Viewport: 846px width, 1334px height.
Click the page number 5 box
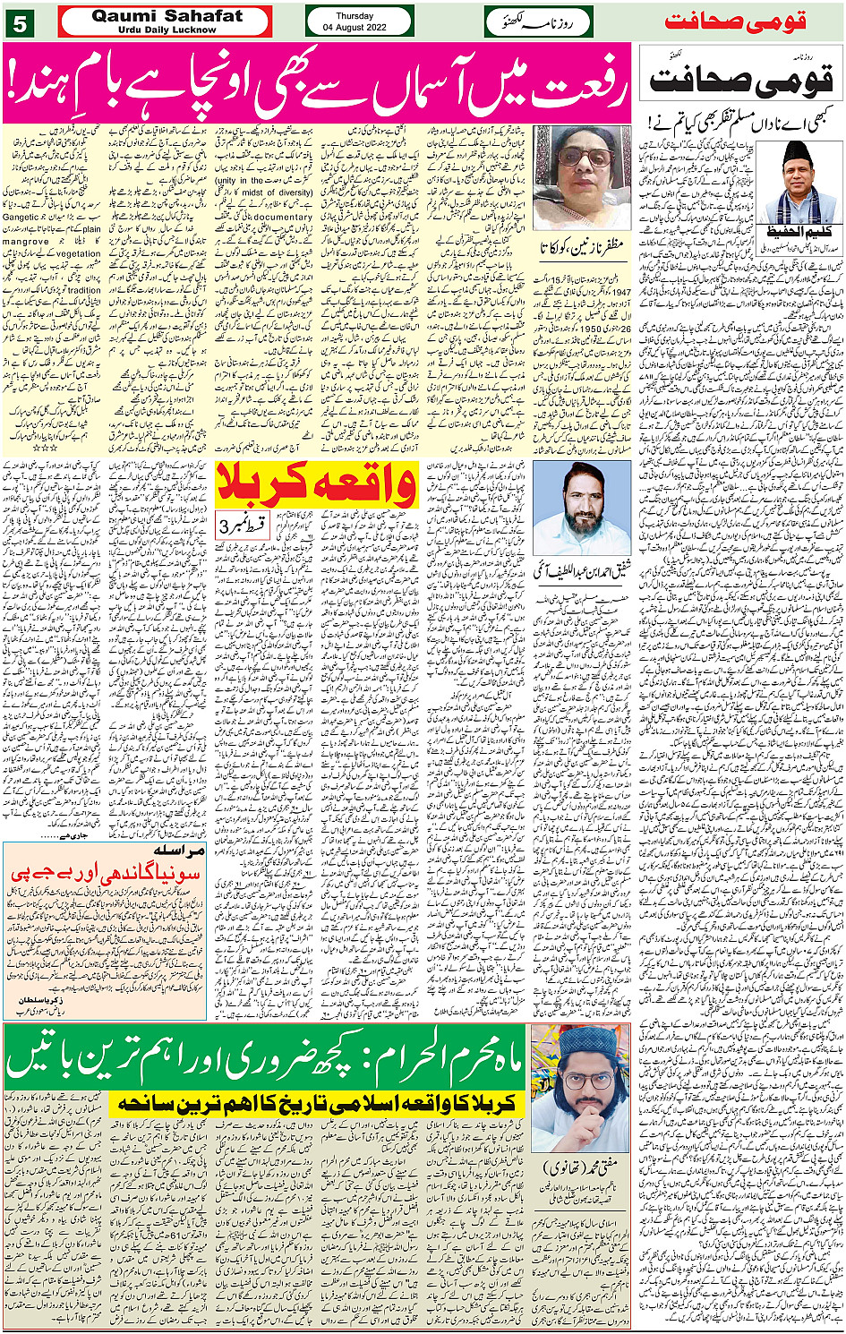coord(19,21)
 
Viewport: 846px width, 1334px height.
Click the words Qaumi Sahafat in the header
coord(167,15)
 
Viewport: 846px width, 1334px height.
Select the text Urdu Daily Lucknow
coord(167,30)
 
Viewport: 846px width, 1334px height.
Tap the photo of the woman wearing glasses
coord(581,177)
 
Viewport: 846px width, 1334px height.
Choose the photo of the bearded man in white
coord(581,508)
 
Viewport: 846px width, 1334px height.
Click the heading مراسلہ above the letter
coord(179,851)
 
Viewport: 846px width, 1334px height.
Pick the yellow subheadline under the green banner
coord(318,1103)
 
